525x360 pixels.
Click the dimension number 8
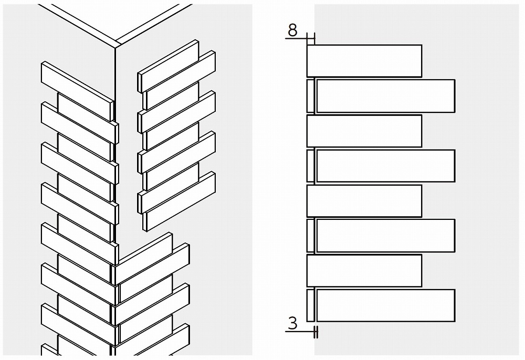click(292, 30)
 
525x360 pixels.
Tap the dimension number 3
click(292, 323)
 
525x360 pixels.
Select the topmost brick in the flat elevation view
click(364, 61)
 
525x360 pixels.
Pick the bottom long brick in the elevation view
click(386, 305)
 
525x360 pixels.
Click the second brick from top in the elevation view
click(386, 96)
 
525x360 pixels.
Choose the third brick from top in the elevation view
click(364, 131)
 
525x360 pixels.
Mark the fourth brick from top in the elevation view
click(386, 166)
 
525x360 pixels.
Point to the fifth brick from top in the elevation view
click(364, 201)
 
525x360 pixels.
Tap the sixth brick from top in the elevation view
click(386, 236)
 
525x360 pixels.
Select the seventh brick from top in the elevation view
click(364, 271)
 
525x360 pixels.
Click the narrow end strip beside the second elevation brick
click(311, 96)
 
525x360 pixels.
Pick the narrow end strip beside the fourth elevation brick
click(311, 166)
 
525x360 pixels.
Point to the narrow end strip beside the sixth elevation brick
click(311, 236)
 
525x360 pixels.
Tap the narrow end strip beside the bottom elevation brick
click(311, 305)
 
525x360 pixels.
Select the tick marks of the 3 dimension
click(316, 332)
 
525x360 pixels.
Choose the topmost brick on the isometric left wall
click(77, 91)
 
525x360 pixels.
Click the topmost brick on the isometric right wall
click(168, 66)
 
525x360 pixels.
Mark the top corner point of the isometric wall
click(115, 48)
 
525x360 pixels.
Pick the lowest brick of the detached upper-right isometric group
click(179, 202)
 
